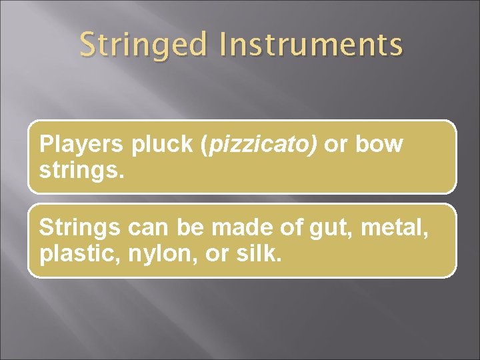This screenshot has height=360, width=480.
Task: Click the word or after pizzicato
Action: click(x=335, y=145)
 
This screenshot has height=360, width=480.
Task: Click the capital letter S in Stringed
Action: click(x=87, y=45)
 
